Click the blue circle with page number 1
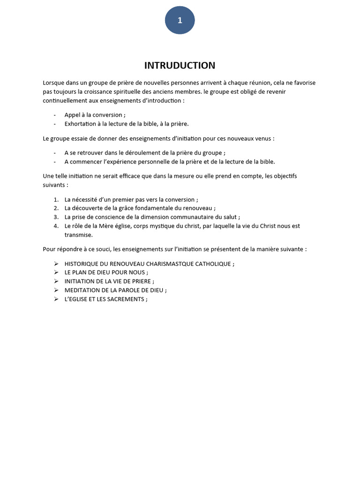pyautogui.click(x=180, y=20)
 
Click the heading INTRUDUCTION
pyautogui.click(x=180, y=65)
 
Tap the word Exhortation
pyautogui.click(x=81, y=124)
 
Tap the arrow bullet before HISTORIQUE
pyautogui.click(x=56, y=263)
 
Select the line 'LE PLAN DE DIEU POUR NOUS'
pyautogui.click(x=106, y=272)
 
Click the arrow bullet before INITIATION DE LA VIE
pyautogui.click(x=56, y=281)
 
